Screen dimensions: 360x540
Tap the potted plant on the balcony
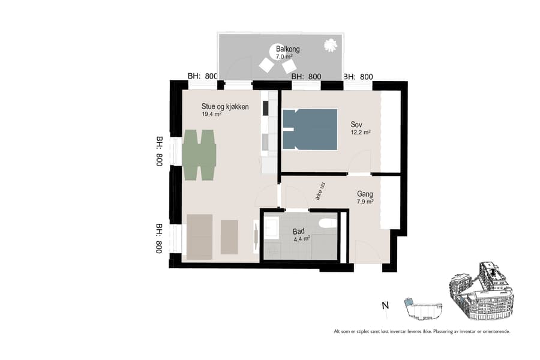329,45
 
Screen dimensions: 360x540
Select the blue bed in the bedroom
310,128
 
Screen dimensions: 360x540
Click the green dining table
199,155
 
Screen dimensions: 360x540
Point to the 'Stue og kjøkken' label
225,107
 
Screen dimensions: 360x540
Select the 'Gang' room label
365,194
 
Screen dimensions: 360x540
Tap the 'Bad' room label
299,232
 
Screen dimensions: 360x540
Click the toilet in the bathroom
328,224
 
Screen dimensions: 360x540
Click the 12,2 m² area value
361,133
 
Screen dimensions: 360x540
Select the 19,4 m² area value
211,114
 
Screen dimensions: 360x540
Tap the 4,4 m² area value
301,239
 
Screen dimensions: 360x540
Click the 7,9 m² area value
365,202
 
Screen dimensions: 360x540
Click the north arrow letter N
384,306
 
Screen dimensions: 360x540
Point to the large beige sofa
199,236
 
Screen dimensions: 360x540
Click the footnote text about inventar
422,331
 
